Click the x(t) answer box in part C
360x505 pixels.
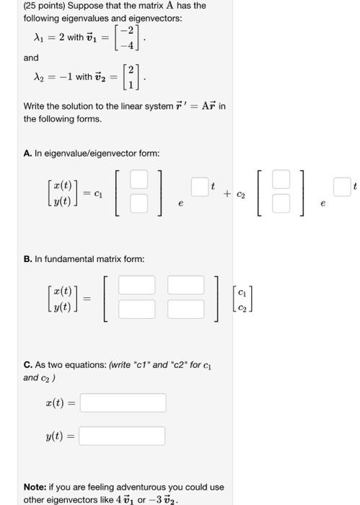[x=123, y=403]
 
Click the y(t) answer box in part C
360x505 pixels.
[x=122, y=436]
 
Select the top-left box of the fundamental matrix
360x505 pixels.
[x=137, y=286]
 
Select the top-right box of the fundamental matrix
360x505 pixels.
[x=186, y=286]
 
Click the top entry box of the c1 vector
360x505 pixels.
[x=139, y=178]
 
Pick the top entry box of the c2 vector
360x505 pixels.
[x=281, y=178]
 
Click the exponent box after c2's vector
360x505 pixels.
[x=342, y=186]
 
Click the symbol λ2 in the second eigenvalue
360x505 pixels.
[x=40, y=77]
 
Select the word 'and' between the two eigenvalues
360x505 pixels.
[x=31, y=58]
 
